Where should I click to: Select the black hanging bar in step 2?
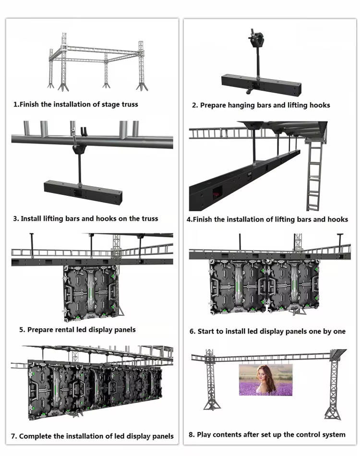pyautogui.click(x=261, y=85)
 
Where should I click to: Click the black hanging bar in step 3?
pyautogui.click(x=83, y=192)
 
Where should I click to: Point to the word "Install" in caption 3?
pyautogui.click(x=31, y=219)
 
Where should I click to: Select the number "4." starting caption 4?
pyautogui.click(x=190, y=219)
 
